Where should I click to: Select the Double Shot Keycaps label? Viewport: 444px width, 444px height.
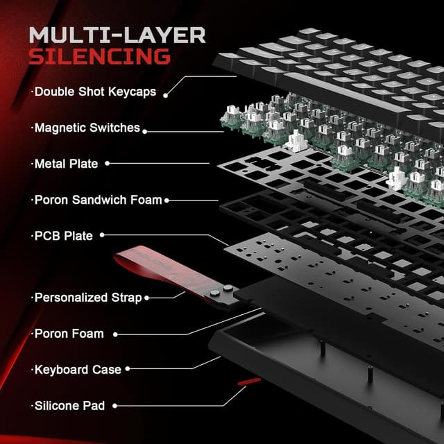(94, 92)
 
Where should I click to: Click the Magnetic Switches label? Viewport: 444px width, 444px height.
(87, 128)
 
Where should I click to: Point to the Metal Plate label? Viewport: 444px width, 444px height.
(66, 164)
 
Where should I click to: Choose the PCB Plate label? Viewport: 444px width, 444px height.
(63, 236)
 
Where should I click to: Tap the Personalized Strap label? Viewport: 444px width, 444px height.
(87, 298)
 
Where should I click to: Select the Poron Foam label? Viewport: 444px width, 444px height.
(69, 334)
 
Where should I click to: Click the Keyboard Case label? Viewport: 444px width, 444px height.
(78, 370)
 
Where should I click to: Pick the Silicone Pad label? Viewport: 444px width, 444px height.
(69, 406)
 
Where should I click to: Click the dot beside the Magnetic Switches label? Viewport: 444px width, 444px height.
(147, 128)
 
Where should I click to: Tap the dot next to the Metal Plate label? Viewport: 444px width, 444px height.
(108, 164)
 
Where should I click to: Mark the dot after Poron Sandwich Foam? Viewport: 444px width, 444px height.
(167, 200)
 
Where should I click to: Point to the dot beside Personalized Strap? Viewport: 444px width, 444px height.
(148, 298)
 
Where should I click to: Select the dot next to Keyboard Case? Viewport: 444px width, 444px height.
(128, 370)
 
